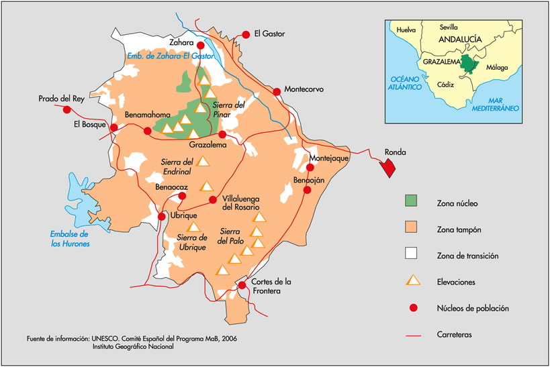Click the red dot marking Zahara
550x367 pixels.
(200, 46)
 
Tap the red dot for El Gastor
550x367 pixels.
(246, 33)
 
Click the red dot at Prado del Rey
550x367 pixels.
(66, 109)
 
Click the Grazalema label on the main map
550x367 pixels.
(207, 144)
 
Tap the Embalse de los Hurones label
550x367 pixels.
(70, 239)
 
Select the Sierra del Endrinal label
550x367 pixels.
(177, 166)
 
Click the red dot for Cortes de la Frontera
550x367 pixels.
(242, 286)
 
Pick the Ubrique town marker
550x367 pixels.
(162, 217)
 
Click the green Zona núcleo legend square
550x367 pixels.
(412, 201)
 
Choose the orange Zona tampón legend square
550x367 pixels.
(412, 228)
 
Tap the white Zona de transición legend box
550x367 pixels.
(412, 254)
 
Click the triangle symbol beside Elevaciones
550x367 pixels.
(412, 281)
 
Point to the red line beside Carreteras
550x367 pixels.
(412, 333)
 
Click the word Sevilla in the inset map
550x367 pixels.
(451, 28)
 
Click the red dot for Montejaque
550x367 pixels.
(310, 167)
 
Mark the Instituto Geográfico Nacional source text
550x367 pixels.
(133, 347)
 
